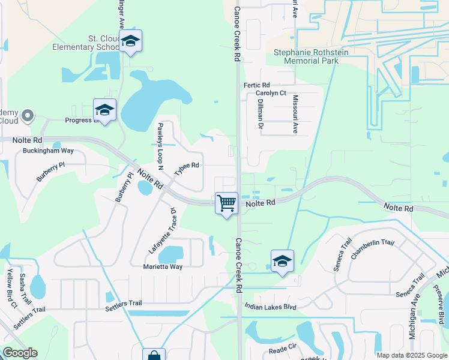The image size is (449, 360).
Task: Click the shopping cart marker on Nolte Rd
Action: [x=226, y=203]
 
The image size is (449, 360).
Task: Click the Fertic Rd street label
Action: [x=256, y=85]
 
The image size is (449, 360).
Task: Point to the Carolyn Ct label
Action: [x=271, y=93]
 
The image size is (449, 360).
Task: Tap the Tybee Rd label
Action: [x=186, y=169]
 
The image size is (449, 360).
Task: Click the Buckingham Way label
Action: [x=48, y=151]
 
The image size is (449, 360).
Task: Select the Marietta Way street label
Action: [x=163, y=266]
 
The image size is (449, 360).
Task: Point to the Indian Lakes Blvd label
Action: [x=270, y=307]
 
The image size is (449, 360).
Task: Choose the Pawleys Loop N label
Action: [x=160, y=141]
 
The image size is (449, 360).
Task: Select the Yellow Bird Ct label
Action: [x=10, y=287]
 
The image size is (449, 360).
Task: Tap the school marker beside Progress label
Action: [x=104, y=110]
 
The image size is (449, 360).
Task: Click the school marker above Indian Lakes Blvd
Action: [x=282, y=262]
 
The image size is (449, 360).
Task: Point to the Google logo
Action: [x=20, y=353]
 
